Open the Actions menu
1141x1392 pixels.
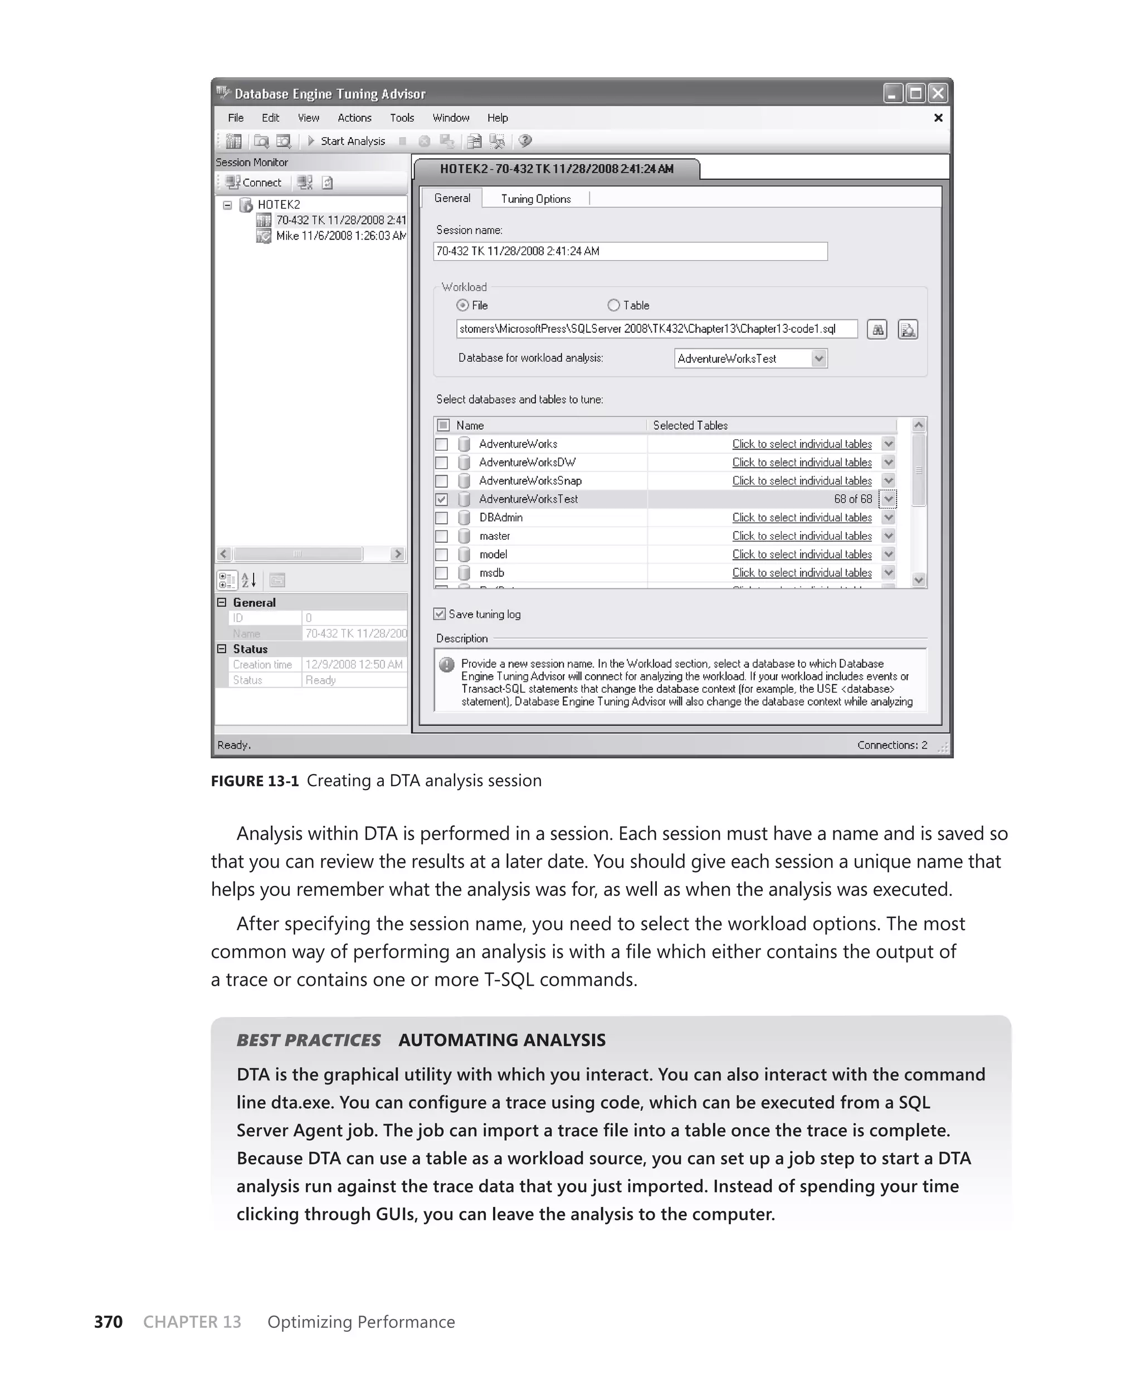pyautogui.click(x=354, y=118)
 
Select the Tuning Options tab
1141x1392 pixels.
pyautogui.click(x=535, y=198)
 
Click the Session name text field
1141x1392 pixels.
pyautogui.click(x=630, y=251)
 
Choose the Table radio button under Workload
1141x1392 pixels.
pyautogui.click(x=614, y=305)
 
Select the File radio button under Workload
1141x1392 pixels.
pyautogui.click(x=463, y=305)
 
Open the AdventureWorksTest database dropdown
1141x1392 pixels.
pyautogui.click(x=818, y=358)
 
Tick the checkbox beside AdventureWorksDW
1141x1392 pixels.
pyautogui.click(x=442, y=463)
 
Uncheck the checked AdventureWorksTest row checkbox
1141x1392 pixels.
pyautogui.click(x=442, y=499)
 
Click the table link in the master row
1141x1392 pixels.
pyautogui.click(x=802, y=536)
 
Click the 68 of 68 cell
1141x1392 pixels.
pyautogui.click(x=852, y=499)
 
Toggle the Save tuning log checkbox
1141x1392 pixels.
pyautogui.click(x=440, y=614)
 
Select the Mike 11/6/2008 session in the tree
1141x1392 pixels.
pyautogui.click(x=340, y=236)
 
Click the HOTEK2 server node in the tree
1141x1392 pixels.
pyautogui.click(x=278, y=205)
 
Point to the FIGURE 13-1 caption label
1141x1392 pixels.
pyautogui.click(x=255, y=780)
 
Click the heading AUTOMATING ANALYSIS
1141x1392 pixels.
pyautogui.click(x=501, y=1040)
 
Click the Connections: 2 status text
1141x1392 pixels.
pyautogui.click(x=891, y=744)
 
